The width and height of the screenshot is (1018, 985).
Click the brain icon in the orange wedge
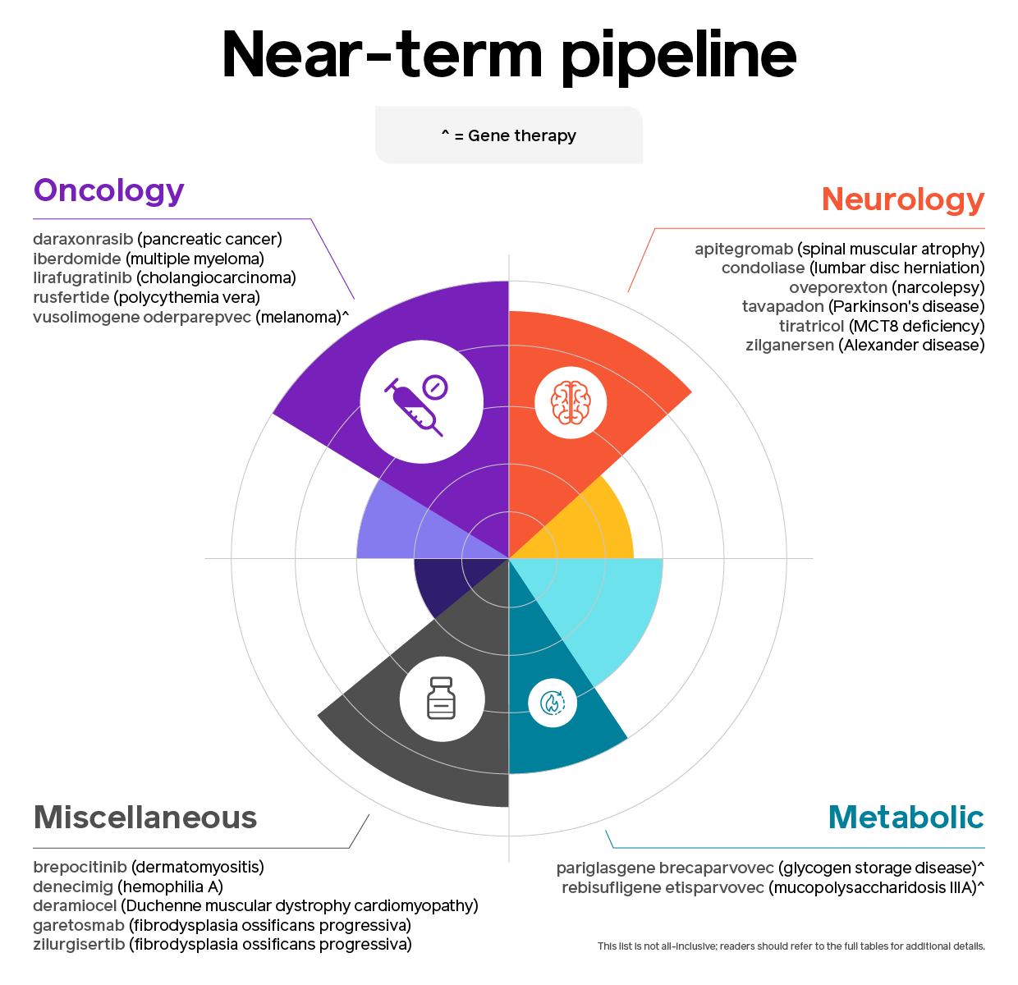tap(571, 402)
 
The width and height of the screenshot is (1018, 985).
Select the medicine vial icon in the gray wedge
tap(441, 698)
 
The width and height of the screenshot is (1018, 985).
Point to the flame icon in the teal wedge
tap(553, 703)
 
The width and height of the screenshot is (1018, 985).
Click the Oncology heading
tap(109, 191)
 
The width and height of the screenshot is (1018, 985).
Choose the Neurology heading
tap(903, 199)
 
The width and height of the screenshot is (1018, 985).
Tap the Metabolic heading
tap(906, 817)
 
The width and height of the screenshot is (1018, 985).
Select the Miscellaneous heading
tap(145, 817)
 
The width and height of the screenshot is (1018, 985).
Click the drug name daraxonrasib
tap(83, 239)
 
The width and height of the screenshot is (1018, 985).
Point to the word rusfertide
tap(71, 298)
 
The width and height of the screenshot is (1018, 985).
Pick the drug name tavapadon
tap(782, 306)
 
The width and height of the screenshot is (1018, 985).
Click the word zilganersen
tap(790, 346)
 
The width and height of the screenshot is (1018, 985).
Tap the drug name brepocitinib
tap(80, 867)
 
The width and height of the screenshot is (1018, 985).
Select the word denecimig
tap(73, 886)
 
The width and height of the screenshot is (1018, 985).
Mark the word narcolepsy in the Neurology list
tap(938, 287)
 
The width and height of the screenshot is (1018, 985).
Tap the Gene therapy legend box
tap(508, 135)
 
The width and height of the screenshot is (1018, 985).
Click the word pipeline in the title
tap(678, 57)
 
